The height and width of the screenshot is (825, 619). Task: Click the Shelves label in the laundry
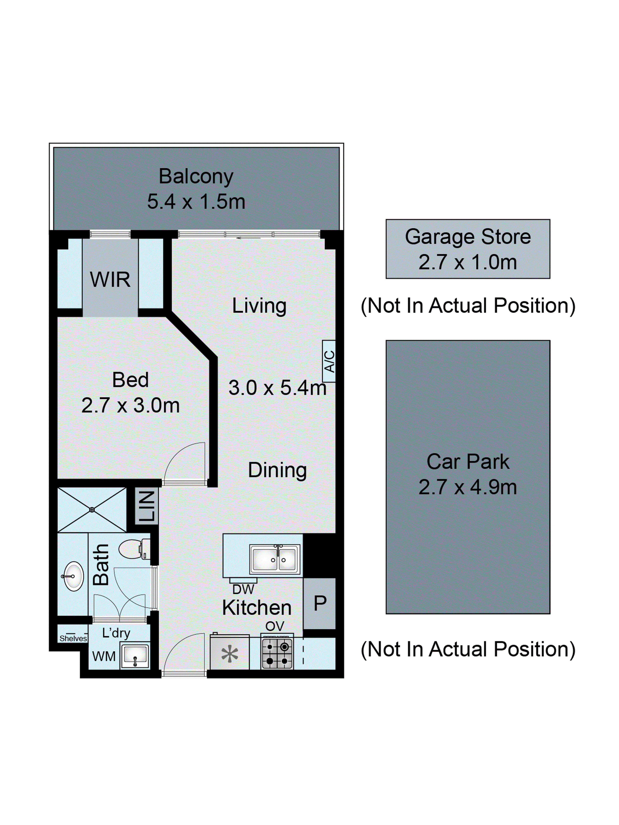(x=73, y=638)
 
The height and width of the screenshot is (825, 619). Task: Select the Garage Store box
(x=468, y=249)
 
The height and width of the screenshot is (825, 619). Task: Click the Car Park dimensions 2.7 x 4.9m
(x=468, y=487)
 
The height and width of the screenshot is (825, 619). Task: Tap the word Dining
(x=277, y=470)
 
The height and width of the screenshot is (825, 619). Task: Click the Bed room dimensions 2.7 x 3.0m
(x=130, y=405)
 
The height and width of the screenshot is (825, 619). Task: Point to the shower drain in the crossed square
(x=92, y=510)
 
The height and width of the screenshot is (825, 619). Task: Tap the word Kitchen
(x=257, y=608)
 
